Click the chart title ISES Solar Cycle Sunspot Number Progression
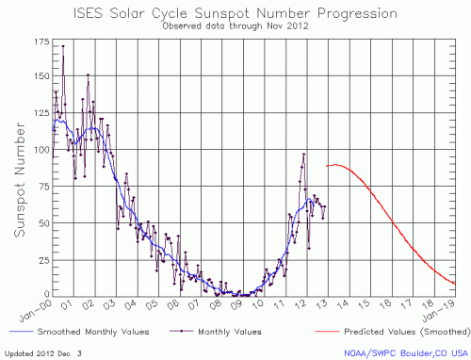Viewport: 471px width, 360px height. pyautogui.click(x=235, y=13)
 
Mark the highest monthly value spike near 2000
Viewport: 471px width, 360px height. pyautogui.click(x=63, y=45)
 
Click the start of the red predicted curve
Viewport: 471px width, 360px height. pyautogui.click(x=327, y=166)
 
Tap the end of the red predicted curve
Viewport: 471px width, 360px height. pyautogui.click(x=456, y=284)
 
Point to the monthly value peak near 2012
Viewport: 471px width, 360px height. pyautogui.click(x=304, y=154)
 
